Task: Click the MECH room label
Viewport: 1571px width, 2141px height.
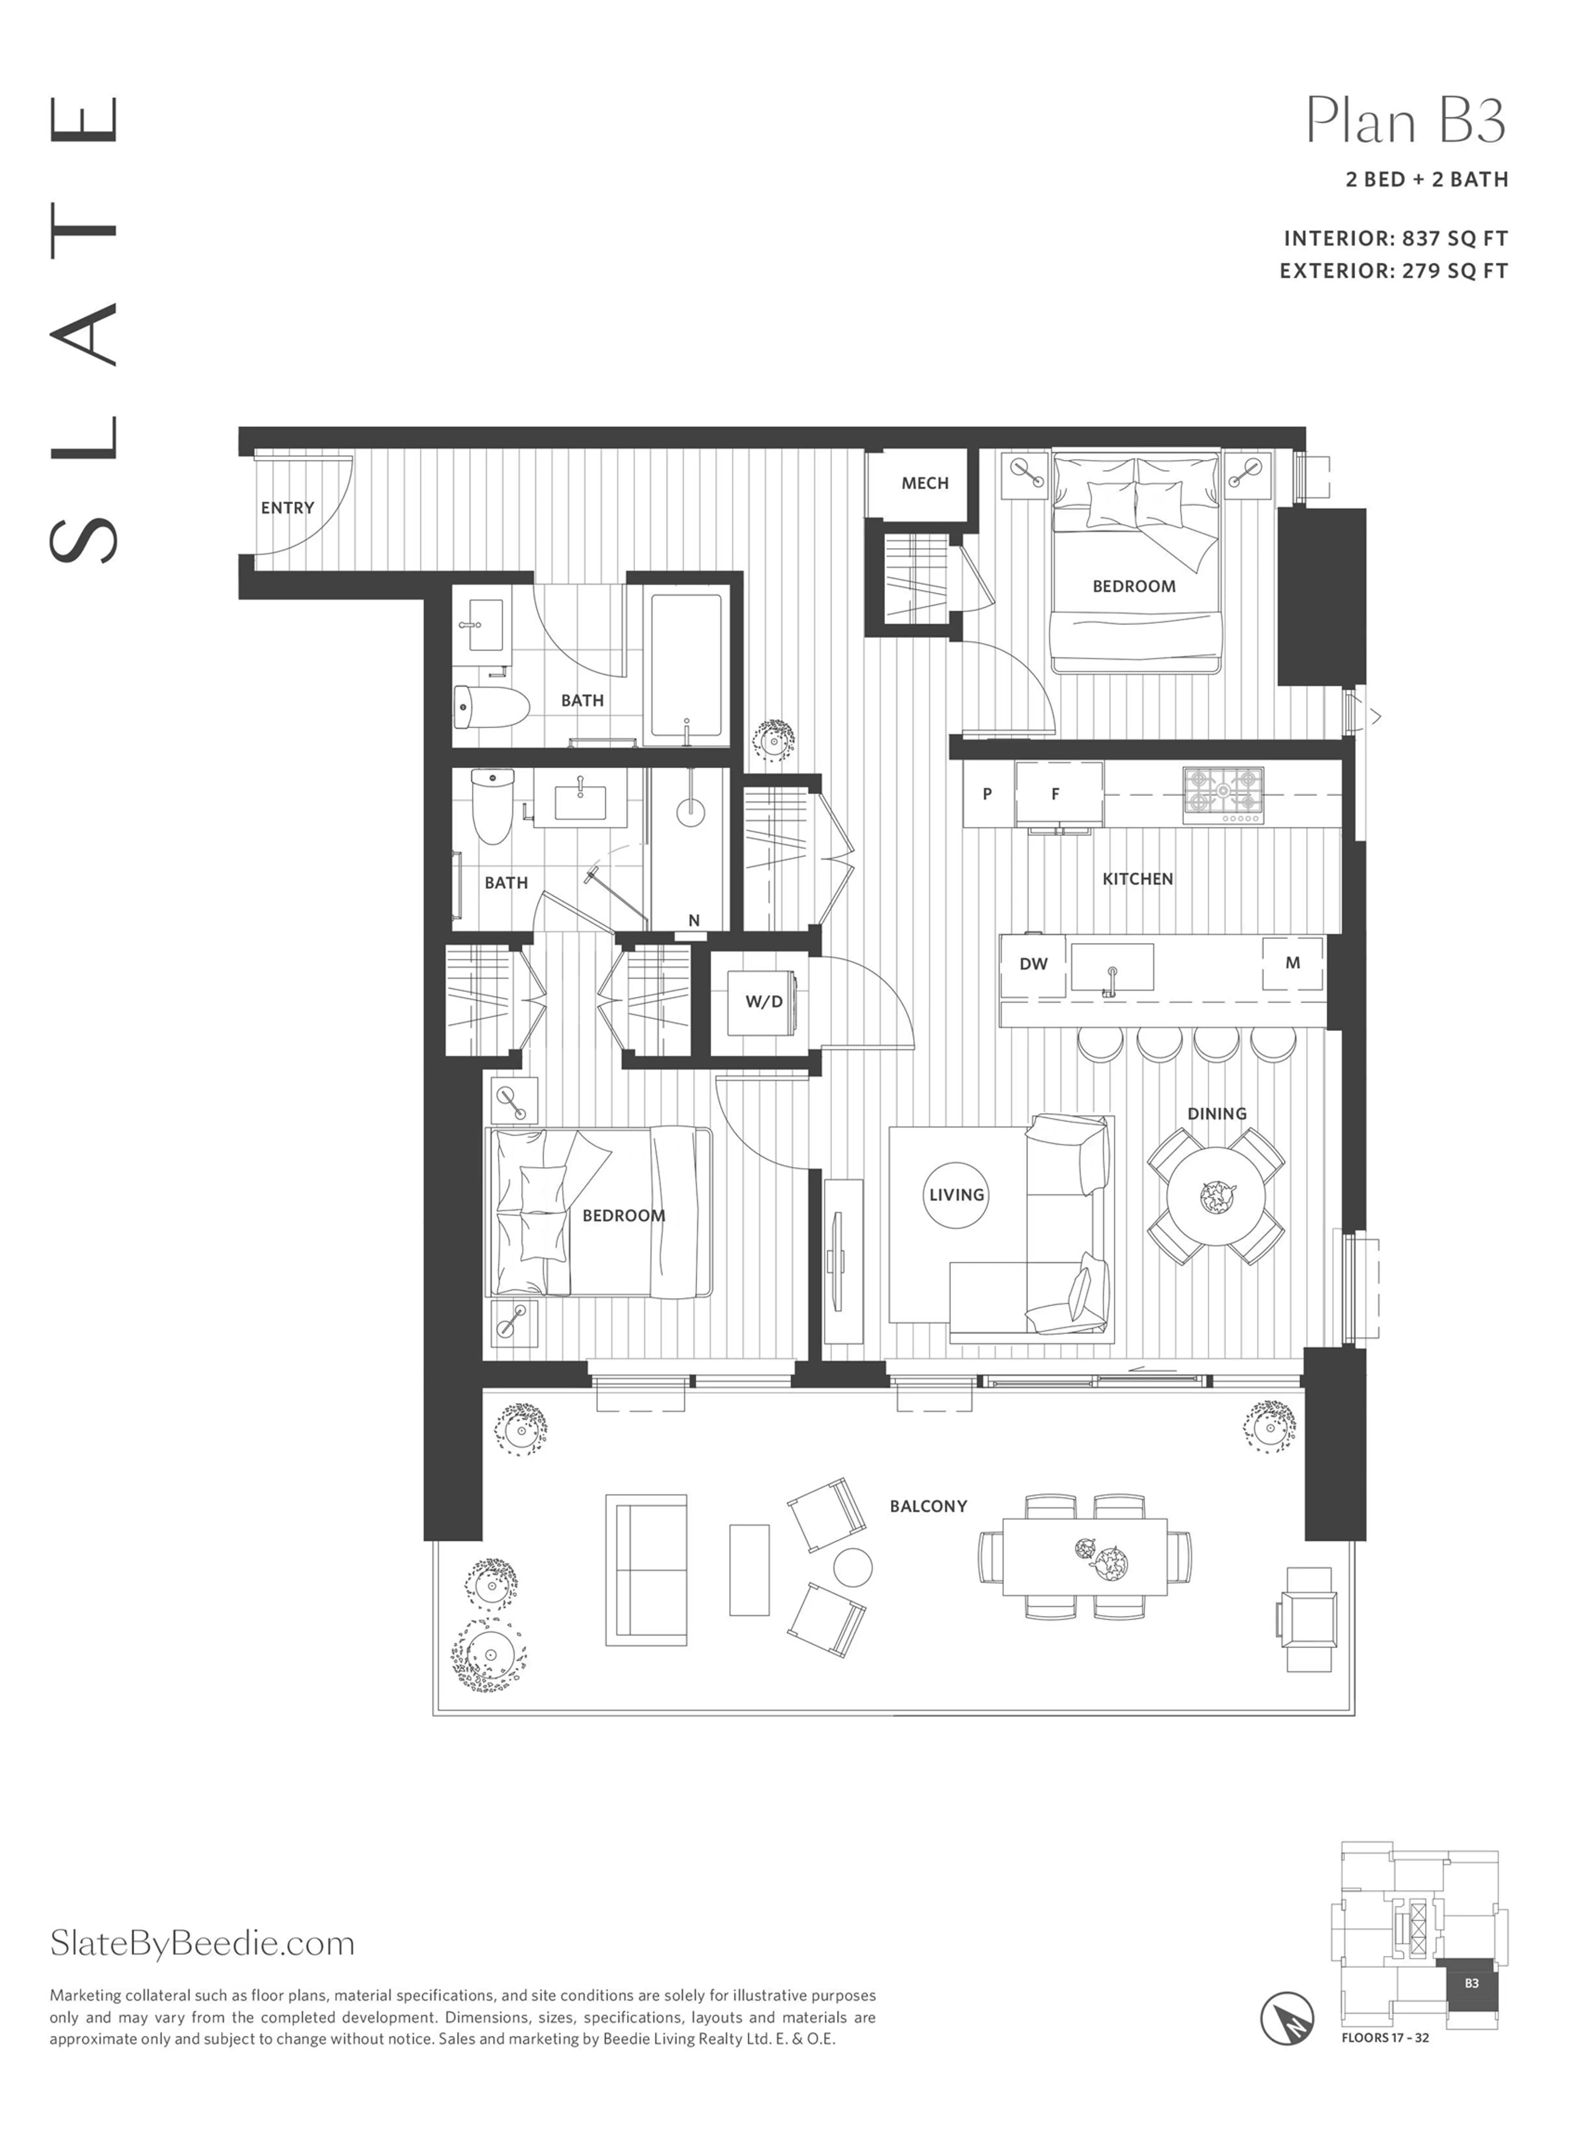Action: [924, 483]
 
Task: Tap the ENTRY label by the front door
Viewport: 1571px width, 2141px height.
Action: [287, 508]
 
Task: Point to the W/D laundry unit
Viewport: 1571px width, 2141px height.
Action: [764, 1001]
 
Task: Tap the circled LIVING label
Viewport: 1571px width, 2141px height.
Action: [957, 1194]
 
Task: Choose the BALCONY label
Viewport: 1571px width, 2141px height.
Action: [928, 1505]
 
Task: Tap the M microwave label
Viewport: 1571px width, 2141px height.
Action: [1292, 962]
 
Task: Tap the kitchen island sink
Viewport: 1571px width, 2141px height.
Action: [1112, 968]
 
